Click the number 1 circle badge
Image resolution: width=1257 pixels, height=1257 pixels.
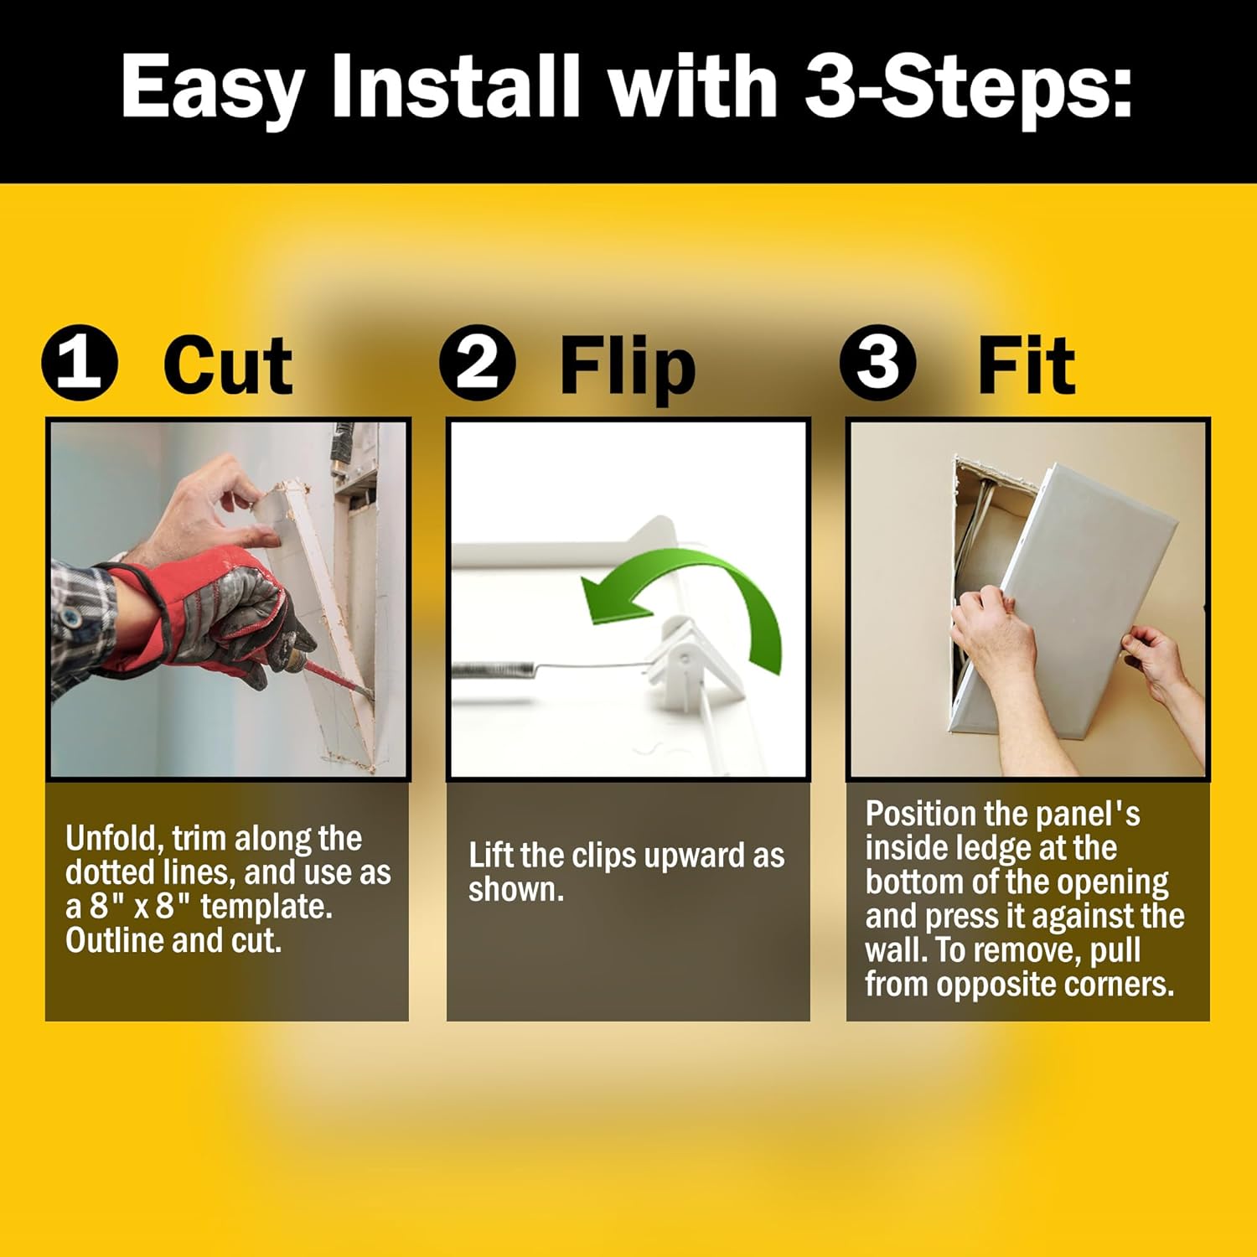(80, 363)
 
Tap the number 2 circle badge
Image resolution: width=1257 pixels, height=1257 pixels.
(478, 363)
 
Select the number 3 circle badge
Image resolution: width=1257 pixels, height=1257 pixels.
(877, 363)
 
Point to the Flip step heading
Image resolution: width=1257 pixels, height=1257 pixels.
(627, 366)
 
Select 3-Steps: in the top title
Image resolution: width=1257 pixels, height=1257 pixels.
(968, 86)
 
